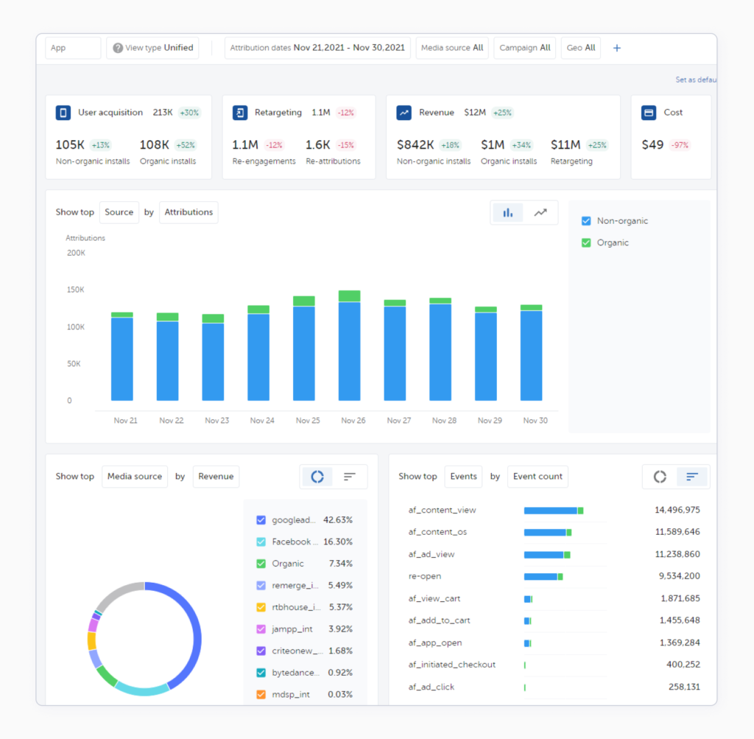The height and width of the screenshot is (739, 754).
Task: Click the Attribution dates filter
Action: point(317,48)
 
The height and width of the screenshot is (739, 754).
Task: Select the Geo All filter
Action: point(580,48)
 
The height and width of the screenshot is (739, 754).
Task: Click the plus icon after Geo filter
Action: point(617,48)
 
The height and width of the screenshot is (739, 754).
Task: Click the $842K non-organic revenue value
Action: point(415,145)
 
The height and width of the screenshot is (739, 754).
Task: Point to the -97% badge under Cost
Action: point(678,145)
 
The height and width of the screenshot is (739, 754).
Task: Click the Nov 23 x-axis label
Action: point(216,421)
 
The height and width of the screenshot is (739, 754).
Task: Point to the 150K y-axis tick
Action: point(75,290)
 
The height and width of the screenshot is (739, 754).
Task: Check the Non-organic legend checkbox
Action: point(586,221)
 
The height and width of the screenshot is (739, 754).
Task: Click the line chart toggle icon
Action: point(540,212)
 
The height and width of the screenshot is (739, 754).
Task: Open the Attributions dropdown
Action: point(188,212)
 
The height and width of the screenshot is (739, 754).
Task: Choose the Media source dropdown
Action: point(135,477)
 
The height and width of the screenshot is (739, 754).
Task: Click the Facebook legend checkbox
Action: point(261,542)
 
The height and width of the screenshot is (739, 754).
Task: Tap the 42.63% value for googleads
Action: point(337,520)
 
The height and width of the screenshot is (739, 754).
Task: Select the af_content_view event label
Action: point(442,510)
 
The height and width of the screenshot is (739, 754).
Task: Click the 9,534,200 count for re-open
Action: point(677,576)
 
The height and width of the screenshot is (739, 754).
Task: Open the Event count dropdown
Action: point(538,477)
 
